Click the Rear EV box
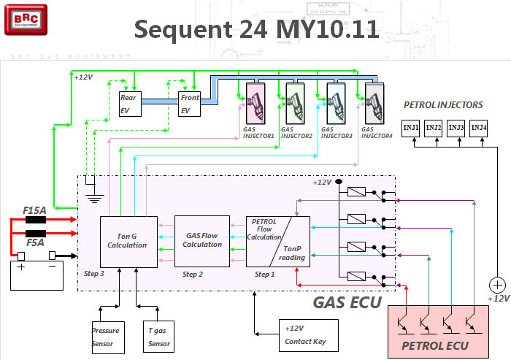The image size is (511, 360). tap(129, 103)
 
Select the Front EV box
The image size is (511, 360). tap(190, 103)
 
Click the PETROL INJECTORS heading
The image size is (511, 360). tap(443, 105)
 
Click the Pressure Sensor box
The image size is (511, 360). tap(105, 335)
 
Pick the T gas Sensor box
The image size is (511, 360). tap(160, 335)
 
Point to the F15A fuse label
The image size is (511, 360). tap(35, 210)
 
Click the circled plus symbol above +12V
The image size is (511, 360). tap(496, 285)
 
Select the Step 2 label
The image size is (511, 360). tap(193, 275)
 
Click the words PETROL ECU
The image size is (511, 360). tap(437, 345)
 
